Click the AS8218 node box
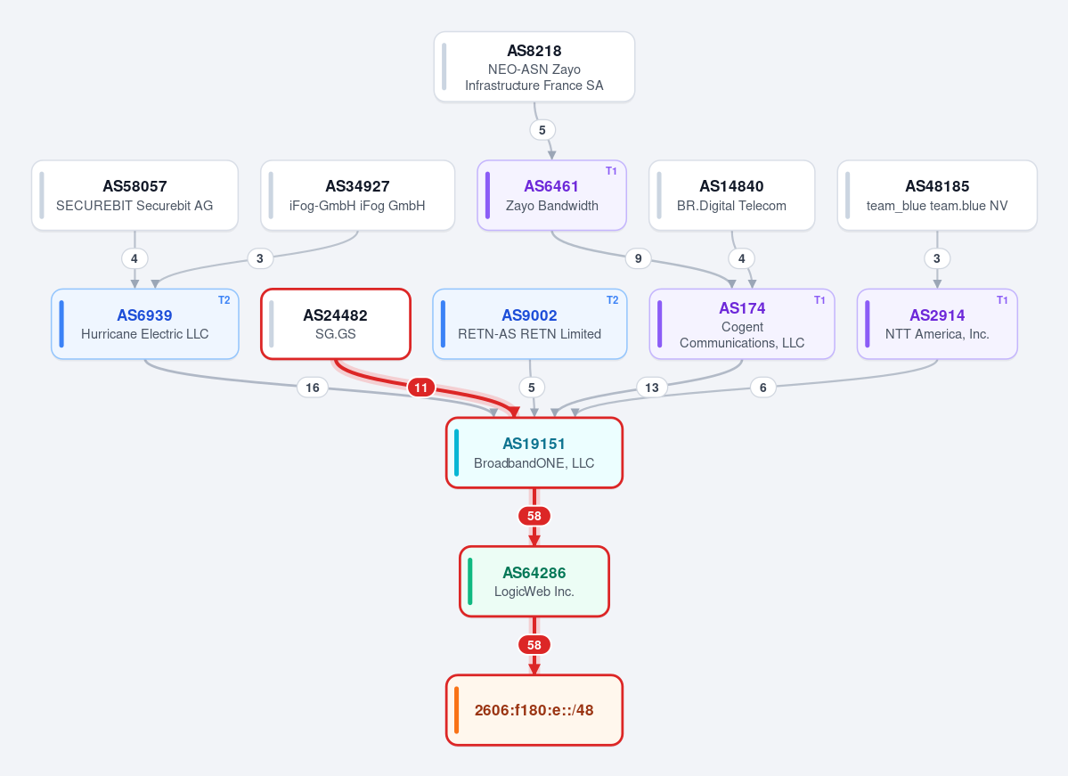[534, 67]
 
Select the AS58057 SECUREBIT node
[135, 195]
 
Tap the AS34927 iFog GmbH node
[357, 195]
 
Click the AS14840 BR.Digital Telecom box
[731, 195]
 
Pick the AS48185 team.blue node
[937, 195]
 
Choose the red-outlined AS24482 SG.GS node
[336, 323]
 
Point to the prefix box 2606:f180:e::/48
[534, 710]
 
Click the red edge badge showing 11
[421, 388]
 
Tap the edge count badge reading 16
[313, 388]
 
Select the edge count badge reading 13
[652, 388]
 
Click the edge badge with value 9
[638, 259]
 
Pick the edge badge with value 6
[762, 388]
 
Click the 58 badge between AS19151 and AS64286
[534, 517]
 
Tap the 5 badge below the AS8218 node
[542, 130]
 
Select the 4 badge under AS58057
[135, 259]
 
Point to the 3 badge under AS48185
[936, 259]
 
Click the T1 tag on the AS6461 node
[611, 171]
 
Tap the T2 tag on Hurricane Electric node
[224, 299]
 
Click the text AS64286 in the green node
[534, 573]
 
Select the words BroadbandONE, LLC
[534, 463]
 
